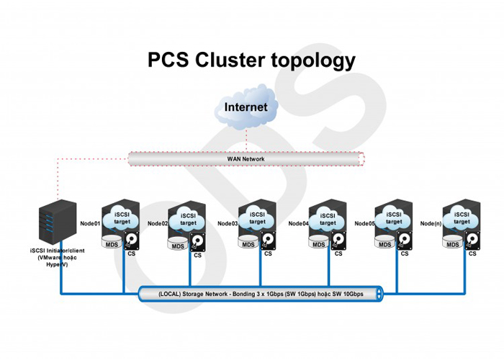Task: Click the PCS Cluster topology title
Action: point(251,60)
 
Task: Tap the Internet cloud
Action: point(246,108)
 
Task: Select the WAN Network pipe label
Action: point(246,158)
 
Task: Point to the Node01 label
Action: point(90,223)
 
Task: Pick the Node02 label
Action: point(158,223)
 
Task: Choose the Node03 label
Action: point(228,223)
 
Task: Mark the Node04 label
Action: point(298,223)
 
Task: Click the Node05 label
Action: point(365,223)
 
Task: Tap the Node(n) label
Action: point(431,223)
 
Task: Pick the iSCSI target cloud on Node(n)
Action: point(462,219)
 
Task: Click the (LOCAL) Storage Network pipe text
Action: point(261,294)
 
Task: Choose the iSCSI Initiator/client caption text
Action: point(58,258)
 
